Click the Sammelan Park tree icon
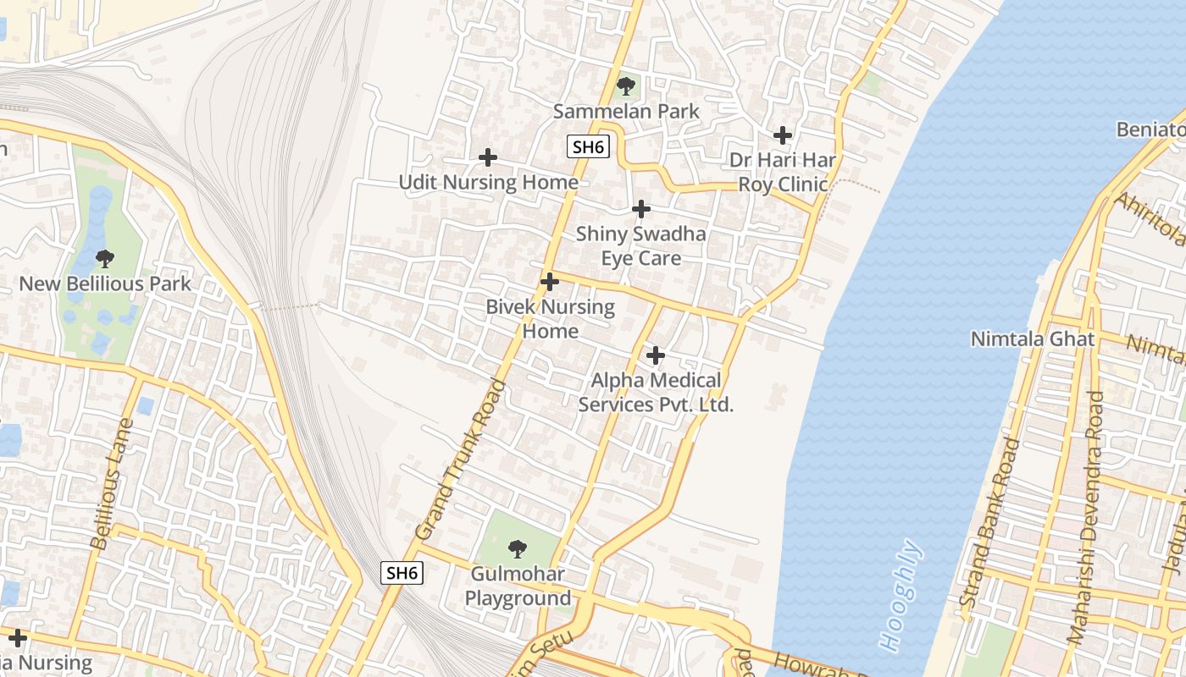click(x=626, y=85)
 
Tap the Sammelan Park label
click(x=626, y=111)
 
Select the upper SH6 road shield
click(x=587, y=146)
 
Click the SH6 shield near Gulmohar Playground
click(x=402, y=573)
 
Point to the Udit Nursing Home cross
click(x=488, y=157)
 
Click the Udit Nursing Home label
click(x=489, y=182)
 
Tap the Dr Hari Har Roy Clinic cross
click(x=783, y=135)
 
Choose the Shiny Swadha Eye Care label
click(x=641, y=245)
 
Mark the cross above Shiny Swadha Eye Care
click(x=641, y=209)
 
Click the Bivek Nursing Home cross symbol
click(x=550, y=282)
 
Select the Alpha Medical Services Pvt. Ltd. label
click(x=656, y=393)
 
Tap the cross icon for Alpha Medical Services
click(x=655, y=355)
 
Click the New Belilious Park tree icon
click(x=105, y=258)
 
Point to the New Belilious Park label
click(x=106, y=283)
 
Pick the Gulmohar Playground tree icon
click(x=517, y=548)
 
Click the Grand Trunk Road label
click(x=461, y=460)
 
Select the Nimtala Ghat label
click(x=1033, y=339)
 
